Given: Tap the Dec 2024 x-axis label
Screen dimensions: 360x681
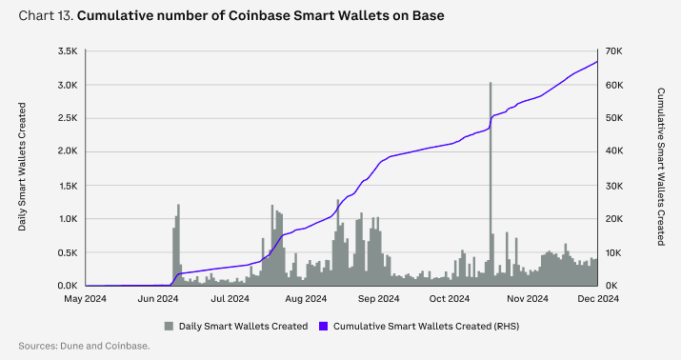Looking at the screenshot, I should coord(597,299).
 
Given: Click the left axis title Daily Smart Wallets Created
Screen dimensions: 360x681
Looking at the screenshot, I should coord(23,169).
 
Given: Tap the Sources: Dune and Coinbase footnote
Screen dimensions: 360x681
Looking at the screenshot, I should coord(84,346).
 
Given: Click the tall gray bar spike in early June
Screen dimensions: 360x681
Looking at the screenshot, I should coord(178,243).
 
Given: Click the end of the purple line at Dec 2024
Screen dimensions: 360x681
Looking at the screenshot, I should coord(597,62).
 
